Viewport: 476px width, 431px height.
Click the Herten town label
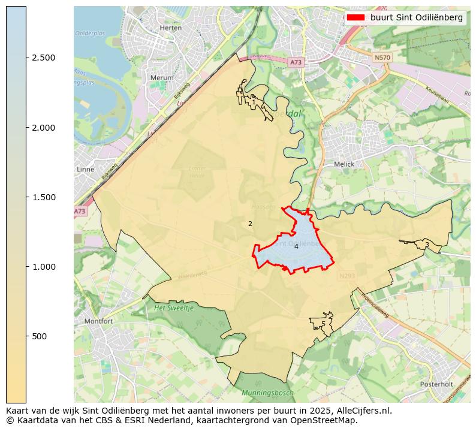(x=171, y=28)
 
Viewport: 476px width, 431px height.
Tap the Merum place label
(x=162, y=78)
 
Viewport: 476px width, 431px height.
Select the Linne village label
(x=86, y=170)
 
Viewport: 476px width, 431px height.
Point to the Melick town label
(x=344, y=164)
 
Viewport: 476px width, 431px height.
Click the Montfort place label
(x=98, y=321)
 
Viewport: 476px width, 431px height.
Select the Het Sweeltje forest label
(x=174, y=308)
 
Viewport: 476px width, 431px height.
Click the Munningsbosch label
(x=267, y=393)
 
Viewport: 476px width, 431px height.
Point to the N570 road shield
(x=381, y=58)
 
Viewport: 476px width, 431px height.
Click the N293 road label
(x=347, y=276)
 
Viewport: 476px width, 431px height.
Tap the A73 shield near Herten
(x=296, y=62)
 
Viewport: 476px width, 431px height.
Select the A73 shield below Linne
(x=80, y=212)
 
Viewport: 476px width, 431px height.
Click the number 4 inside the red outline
(x=296, y=246)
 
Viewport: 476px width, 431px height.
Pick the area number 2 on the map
(x=250, y=224)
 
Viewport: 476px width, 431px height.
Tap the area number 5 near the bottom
(x=323, y=324)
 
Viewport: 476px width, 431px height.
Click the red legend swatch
(x=356, y=18)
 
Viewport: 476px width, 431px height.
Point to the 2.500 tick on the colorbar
(x=43, y=58)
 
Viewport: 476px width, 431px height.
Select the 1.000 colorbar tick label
(x=43, y=267)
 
